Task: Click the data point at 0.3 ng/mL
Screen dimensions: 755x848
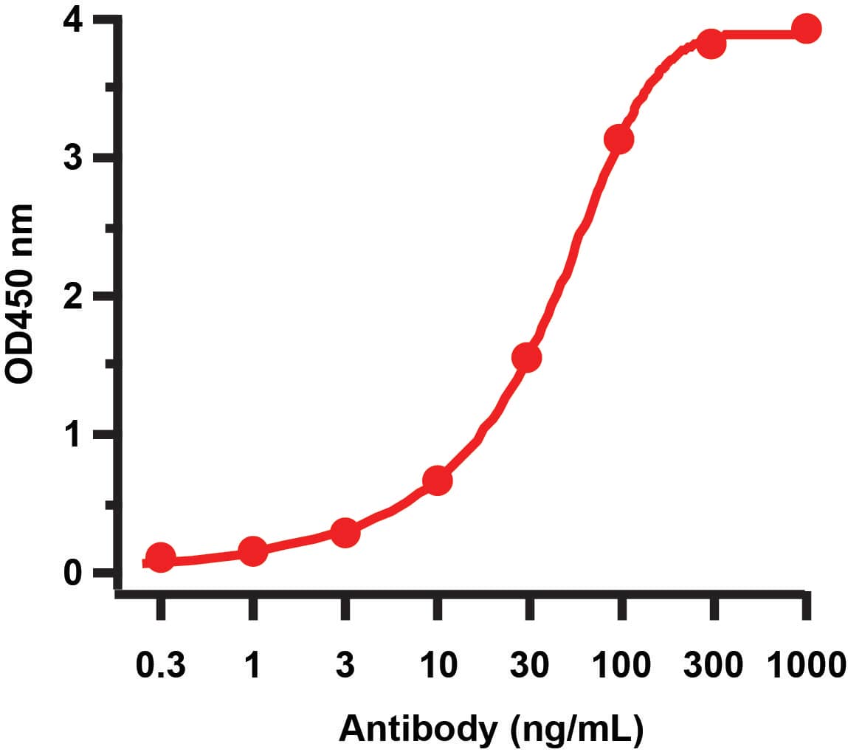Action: tap(161, 558)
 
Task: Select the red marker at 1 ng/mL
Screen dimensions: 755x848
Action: tap(253, 551)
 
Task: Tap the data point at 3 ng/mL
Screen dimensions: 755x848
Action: tap(345, 532)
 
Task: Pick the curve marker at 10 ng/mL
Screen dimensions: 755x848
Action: tap(437, 480)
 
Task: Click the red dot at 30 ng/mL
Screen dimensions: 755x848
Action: tap(526, 358)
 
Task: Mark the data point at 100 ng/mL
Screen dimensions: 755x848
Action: tap(618, 139)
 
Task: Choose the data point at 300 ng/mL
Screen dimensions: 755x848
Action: tap(711, 44)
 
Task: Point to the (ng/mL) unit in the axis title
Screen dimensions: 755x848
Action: tap(576, 729)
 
